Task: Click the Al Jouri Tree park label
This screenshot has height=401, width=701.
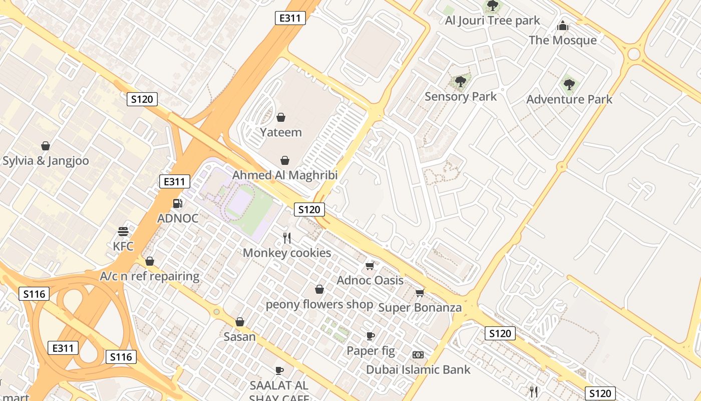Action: tap(493, 21)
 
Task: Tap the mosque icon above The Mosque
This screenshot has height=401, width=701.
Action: tap(563, 26)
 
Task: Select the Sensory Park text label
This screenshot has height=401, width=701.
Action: tap(461, 96)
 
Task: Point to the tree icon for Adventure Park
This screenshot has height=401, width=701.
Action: tap(568, 84)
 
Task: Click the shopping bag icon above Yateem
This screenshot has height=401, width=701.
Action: tap(281, 117)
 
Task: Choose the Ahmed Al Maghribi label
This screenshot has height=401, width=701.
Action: tap(285, 175)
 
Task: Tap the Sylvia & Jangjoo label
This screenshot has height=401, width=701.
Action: tap(46, 161)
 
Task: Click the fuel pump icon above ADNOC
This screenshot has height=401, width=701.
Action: tap(177, 204)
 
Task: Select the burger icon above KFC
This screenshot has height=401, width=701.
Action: tap(123, 232)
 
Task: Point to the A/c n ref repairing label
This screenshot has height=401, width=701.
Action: tap(150, 276)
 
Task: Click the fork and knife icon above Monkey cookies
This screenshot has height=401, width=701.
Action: tap(287, 238)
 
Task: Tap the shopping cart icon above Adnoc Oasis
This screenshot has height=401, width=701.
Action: tap(370, 266)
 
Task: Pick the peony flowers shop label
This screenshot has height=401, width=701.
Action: tap(319, 304)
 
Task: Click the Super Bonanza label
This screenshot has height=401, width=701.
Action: tap(420, 307)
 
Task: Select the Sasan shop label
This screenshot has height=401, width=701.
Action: tap(240, 336)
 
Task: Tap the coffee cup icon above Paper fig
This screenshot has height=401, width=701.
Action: tap(371, 336)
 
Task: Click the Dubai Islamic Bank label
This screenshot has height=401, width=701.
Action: tap(418, 369)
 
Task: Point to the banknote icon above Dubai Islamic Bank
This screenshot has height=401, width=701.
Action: tap(418, 355)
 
